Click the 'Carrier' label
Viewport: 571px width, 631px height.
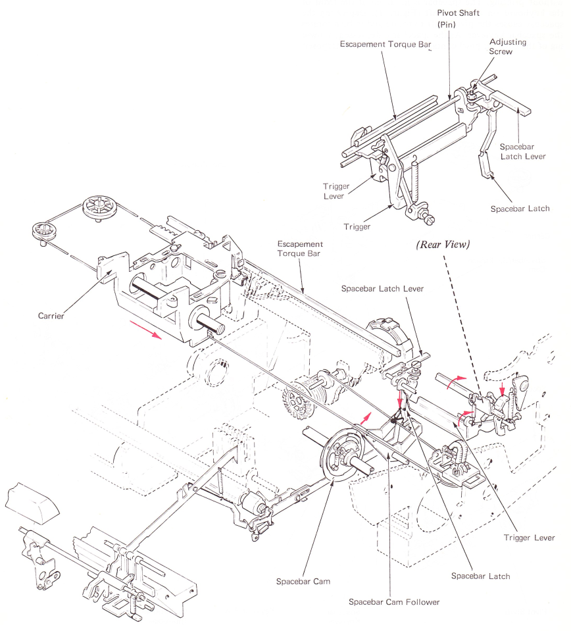click(x=51, y=316)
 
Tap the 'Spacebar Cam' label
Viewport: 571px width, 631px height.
click(x=303, y=582)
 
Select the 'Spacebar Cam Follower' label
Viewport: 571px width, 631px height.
click(x=394, y=602)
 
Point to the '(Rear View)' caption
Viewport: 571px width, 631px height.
click(x=443, y=245)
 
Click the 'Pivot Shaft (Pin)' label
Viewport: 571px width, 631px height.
click(x=459, y=18)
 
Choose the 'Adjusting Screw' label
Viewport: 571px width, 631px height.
click(x=507, y=47)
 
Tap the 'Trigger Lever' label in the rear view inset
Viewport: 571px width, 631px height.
click(x=335, y=191)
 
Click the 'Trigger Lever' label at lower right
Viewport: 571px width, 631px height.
click(x=529, y=538)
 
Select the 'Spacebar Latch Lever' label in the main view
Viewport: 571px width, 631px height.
click(x=382, y=289)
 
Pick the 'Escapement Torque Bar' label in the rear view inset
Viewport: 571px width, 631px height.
click(x=385, y=44)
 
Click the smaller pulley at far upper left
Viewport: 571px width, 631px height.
click(x=45, y=233)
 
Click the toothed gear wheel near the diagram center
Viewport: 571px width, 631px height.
click(x=298, y=400)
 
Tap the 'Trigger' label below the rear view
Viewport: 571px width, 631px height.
click(x=357, y=226)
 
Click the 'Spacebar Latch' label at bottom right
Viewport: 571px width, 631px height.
click(x=480, y=576)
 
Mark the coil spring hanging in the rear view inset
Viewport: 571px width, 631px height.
click(x=415, y=177)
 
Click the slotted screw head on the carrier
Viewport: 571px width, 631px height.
click(x=221, y=274)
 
